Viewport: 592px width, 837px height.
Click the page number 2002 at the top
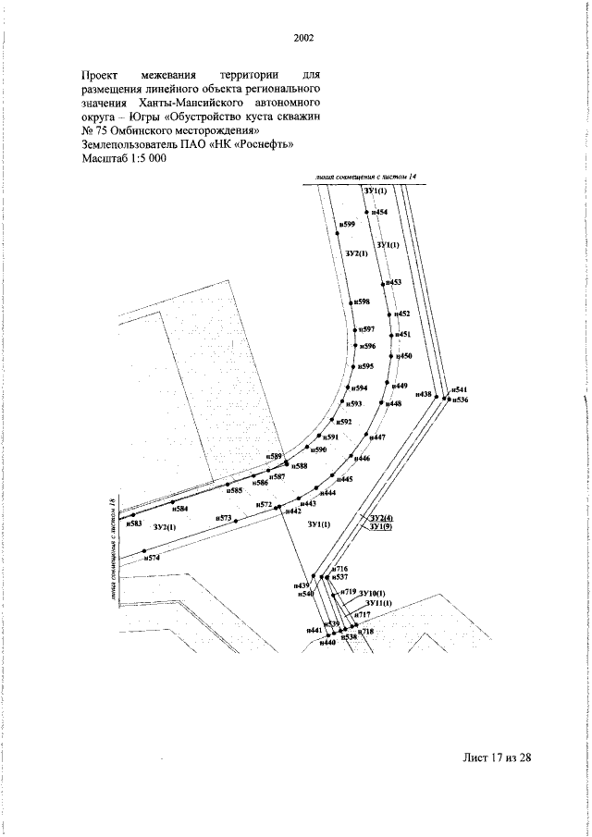(303, 39)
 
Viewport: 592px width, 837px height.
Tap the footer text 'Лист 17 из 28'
(498, 757)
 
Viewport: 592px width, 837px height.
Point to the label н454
(379, 213)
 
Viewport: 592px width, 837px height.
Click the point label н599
(348, 225)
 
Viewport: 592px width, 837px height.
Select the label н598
(362, 302)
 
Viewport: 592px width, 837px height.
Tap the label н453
(393, 281)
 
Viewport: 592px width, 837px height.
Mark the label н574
(153, 559)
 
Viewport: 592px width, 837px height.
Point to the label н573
(223, 518)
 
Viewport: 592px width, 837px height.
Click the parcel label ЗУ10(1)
(372, 592)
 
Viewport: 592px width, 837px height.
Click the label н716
(340, 568)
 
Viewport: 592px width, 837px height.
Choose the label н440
(327, 642)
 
